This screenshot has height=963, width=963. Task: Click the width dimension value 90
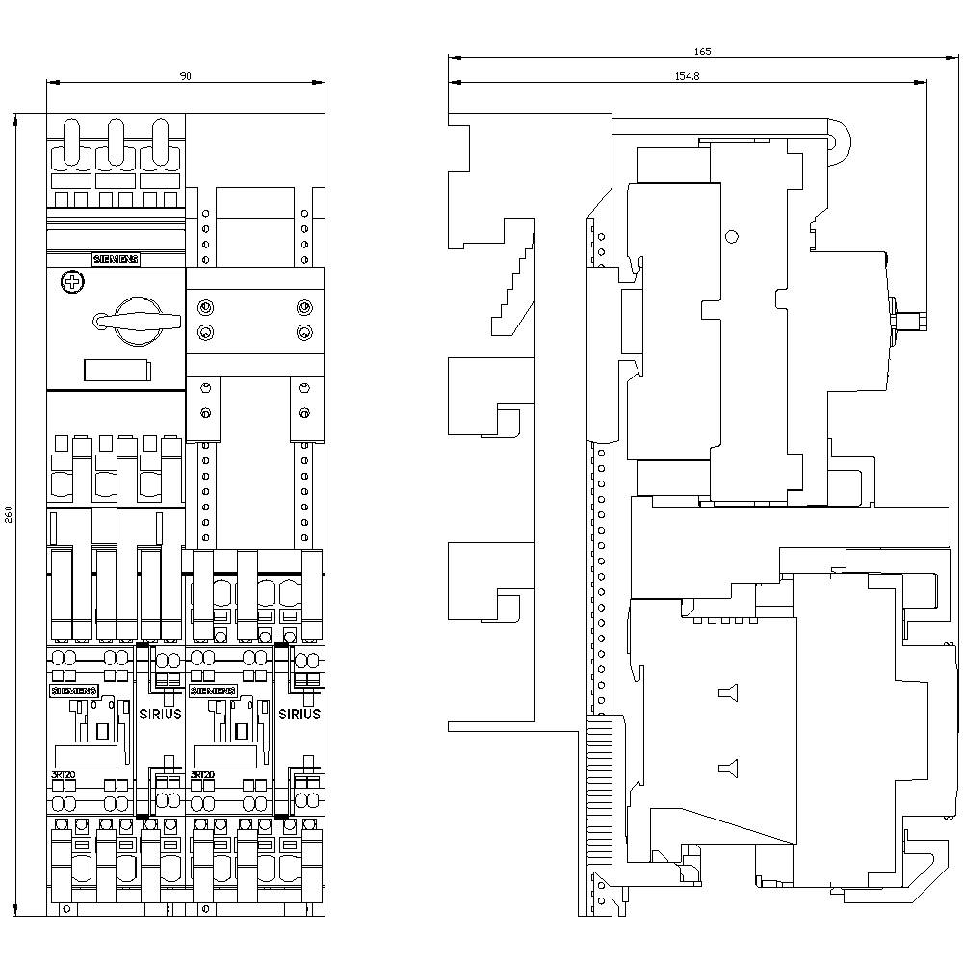(x=185, y=76)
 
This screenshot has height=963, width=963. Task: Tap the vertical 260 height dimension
(x=9, y=515)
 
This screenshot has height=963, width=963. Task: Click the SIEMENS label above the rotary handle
(x=116, y=259)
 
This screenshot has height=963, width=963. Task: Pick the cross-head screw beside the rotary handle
(x=69, y=282)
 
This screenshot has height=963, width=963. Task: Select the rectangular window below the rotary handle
(x=115, y=371)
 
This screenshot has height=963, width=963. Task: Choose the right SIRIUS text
(x=299, y=715)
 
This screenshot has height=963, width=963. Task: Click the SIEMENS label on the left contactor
(x=73, y=690)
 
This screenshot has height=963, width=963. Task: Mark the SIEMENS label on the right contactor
(x=213, y=690)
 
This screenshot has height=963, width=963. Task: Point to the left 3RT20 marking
(x=64, y=774)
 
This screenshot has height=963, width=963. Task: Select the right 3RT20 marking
(x=202, y=774)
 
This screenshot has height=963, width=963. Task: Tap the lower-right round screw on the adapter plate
(x=304, y=333)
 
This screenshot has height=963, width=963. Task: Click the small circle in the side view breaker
(x=730, y=237)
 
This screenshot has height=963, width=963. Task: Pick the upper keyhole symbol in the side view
(x=727, y=692)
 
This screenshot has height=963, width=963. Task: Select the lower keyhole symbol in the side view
(x=727, y=768)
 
